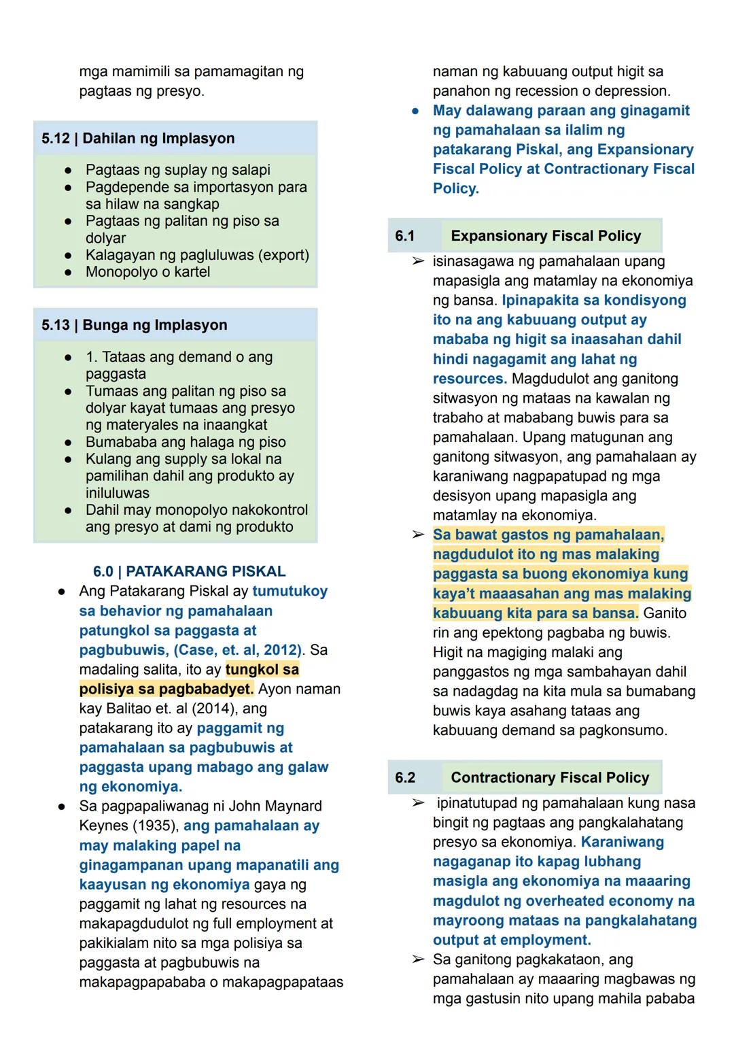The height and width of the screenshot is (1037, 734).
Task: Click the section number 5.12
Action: (56, 139)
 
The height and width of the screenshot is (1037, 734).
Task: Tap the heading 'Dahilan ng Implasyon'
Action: (158, 139)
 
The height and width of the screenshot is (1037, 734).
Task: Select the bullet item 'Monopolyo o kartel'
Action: (147, 272)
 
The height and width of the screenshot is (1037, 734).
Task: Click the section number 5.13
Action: (56, 325)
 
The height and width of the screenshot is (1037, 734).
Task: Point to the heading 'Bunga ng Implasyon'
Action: (155, 325)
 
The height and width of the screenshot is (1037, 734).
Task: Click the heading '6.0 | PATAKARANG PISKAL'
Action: (189, 571)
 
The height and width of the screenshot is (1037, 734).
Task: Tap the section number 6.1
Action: (405, 236)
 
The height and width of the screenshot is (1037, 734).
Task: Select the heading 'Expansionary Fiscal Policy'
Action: (546, 236)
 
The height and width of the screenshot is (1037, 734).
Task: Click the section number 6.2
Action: (405, 777)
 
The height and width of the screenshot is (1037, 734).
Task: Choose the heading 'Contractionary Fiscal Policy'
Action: (550, 777)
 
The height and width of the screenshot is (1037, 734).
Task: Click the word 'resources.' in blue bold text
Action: (470, 379)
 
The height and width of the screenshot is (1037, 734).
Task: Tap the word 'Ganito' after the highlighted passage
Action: (665, 613)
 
